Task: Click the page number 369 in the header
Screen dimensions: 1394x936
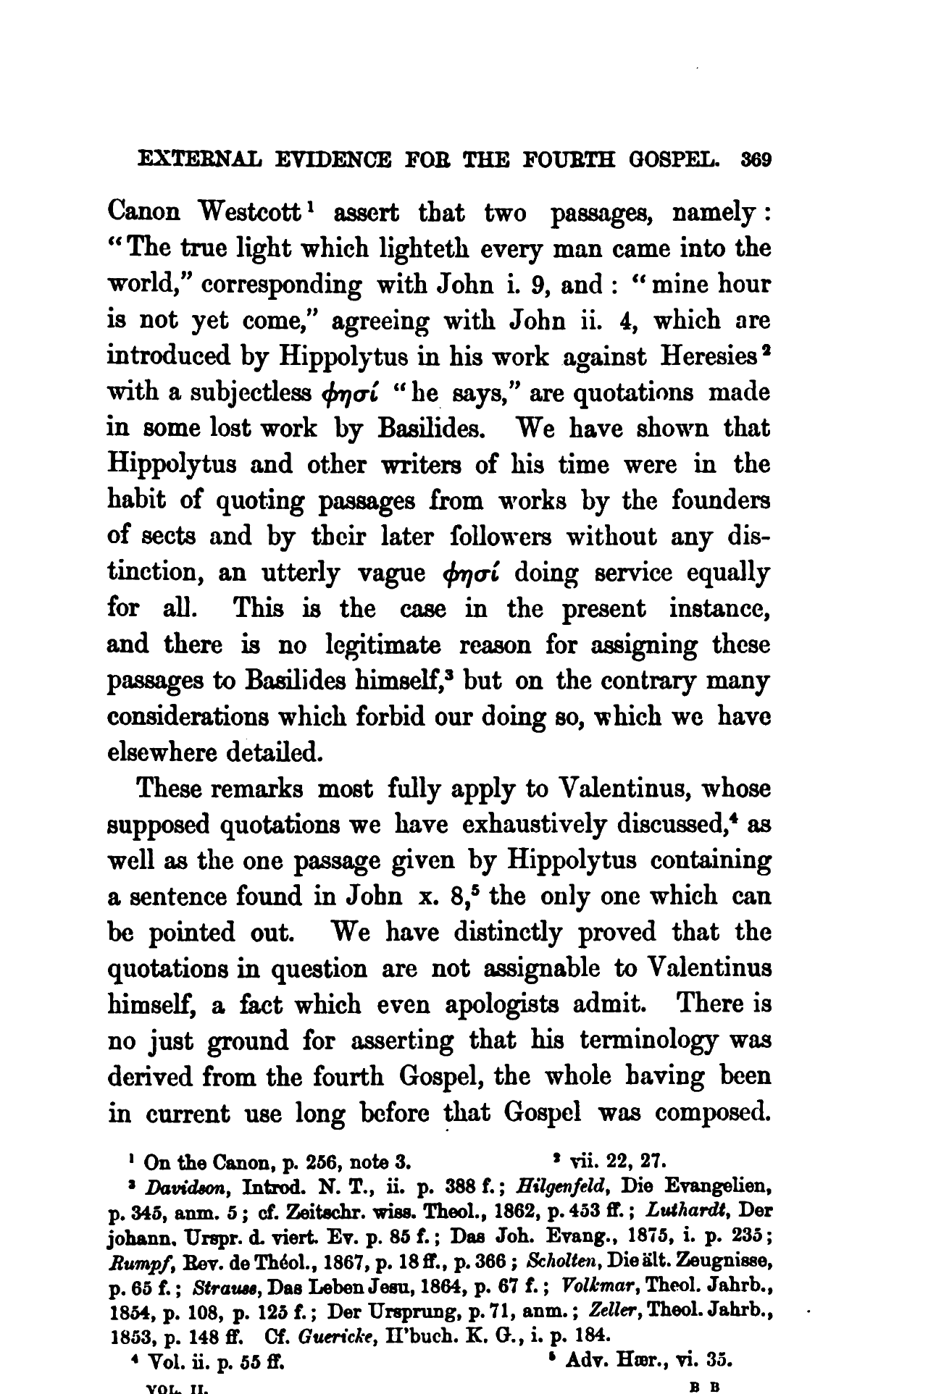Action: click(x=753, y=159)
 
